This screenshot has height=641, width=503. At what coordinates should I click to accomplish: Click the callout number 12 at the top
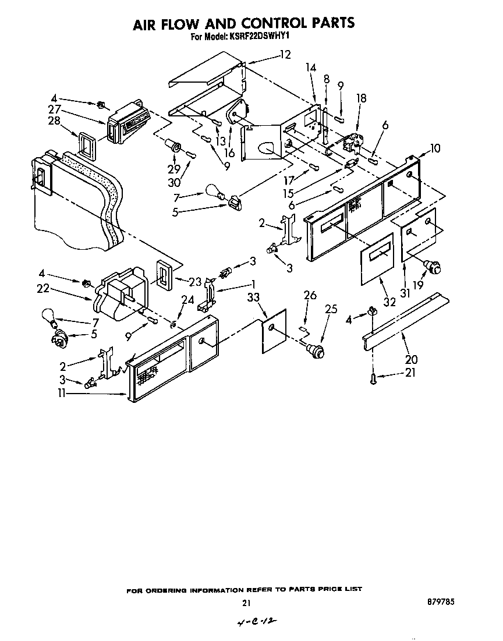(x=285, y=55)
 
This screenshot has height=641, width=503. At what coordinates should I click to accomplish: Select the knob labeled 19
(x=433, y=267)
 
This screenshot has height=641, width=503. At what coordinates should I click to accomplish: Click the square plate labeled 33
(x=274, y=330)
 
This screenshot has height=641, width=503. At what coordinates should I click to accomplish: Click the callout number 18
(x=361, y=99)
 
